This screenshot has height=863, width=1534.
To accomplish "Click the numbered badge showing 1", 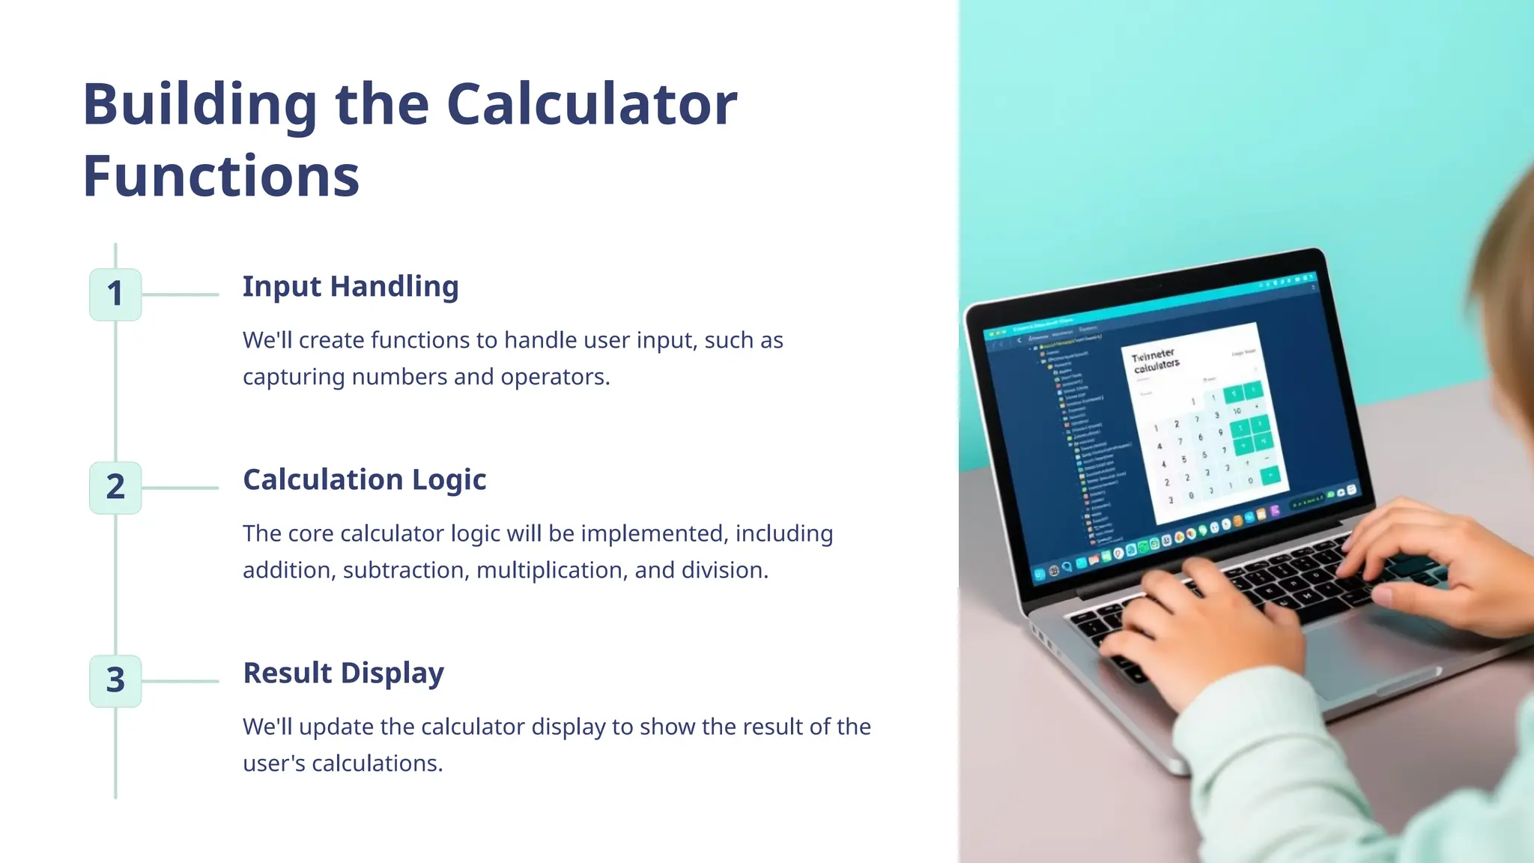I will point(115,294).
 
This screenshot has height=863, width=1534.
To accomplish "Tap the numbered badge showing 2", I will point(115,488).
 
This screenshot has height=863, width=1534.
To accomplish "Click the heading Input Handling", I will point(351,287).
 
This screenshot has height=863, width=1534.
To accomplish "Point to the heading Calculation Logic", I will point(365,480).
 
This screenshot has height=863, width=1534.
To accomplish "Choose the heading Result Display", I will point(344,673).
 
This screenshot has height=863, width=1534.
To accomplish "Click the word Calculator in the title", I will point(592,104).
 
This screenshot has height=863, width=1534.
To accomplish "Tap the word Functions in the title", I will point(222,177).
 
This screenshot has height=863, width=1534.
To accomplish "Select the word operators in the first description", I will point(555,377).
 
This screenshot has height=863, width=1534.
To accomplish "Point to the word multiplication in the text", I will point(551,570).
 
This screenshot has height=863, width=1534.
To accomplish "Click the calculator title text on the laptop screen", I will point(1156,360).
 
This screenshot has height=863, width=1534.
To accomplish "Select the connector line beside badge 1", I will point(180,294).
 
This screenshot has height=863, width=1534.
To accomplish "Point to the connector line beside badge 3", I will point(180,681).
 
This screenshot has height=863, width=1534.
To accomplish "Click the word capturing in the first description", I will point(294,377).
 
